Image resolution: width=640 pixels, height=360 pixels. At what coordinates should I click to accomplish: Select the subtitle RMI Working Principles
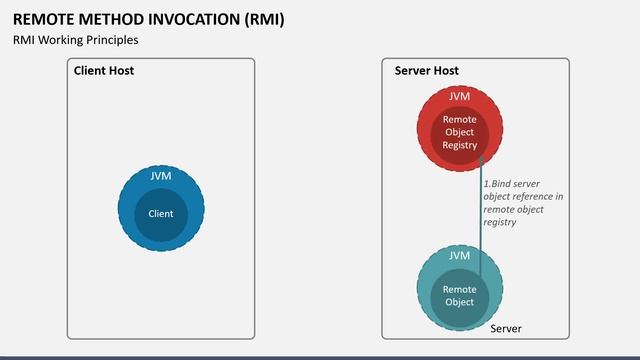(x=75, y=40)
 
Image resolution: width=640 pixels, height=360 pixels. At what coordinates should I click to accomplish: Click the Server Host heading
(x=426, y=71)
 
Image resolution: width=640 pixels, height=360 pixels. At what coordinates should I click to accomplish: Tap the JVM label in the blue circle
(x=161, y=175)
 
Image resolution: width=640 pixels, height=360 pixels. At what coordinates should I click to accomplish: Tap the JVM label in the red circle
(x=460, y=96)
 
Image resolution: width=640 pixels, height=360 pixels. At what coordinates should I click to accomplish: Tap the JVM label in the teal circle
(x=459, y=256)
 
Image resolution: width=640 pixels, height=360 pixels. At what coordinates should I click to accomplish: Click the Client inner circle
(x=161, y=213)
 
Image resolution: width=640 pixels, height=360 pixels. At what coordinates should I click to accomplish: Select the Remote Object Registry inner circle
(x=460, y=132)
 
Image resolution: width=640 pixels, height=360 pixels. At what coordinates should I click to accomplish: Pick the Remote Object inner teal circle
(x=459, y=295)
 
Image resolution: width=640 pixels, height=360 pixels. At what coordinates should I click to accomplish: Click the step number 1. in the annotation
(x=487, y=184)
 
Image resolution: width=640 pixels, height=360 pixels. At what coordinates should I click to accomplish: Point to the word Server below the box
(x=505, y=329)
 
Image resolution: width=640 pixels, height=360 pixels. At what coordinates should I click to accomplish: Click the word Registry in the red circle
(x=460, y=145)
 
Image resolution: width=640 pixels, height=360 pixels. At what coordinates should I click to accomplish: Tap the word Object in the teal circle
(x=459, y=302)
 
